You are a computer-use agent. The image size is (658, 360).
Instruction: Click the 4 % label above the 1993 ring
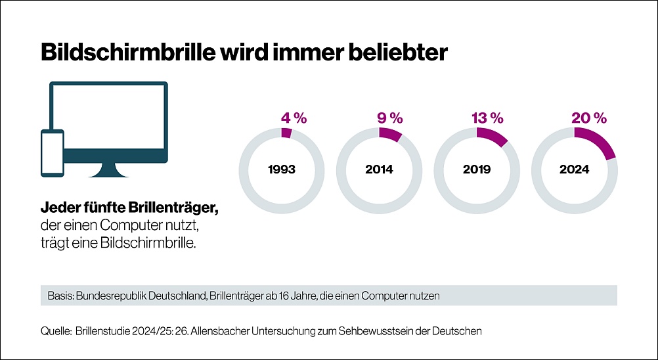[x=294, y=118]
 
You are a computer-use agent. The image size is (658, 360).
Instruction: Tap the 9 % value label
[x=390, y=118]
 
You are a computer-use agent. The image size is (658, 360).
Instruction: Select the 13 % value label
[x=487, y=118]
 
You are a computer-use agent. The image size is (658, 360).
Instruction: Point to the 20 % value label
[x=589, y=118]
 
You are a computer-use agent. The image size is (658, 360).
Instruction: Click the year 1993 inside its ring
[x=282, y=169]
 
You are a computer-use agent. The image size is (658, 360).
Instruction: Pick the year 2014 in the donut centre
[x=379, y=169]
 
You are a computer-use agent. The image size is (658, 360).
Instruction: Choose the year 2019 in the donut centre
[x=477, y=169]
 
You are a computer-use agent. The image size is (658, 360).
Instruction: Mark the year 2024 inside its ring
[x=574, y=169]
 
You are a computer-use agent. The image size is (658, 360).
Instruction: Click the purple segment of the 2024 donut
[x=599, y=141]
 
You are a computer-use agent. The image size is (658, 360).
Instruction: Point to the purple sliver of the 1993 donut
[x=286, y=132]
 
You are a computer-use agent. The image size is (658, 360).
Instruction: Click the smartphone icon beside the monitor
[x=53, y=153]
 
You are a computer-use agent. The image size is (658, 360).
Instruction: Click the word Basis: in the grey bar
[x=60, y=296]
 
